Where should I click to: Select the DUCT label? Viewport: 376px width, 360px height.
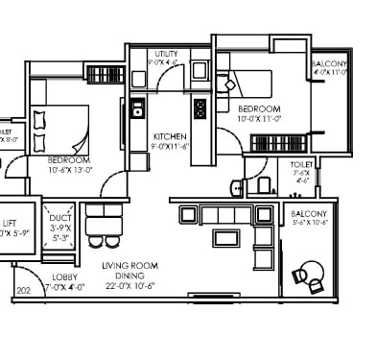coord(62,219)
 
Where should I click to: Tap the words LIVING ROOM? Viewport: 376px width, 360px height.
coord(129,264)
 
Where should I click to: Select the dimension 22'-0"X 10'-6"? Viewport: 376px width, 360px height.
coord(129,285)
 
